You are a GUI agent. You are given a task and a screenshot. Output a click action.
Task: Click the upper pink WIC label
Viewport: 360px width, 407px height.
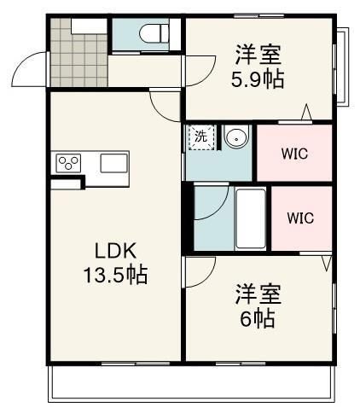point(294,154)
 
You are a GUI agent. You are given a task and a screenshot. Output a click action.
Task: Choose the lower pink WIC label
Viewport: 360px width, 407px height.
point(299,218)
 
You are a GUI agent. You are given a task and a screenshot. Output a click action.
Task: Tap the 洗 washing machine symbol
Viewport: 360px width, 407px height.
point(200,137)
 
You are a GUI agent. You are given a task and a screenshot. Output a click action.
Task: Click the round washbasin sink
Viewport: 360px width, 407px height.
point(235,138)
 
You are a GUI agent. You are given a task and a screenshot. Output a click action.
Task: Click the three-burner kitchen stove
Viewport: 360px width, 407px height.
point(69,162)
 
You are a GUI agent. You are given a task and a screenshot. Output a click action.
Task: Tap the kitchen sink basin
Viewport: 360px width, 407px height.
point(113,162)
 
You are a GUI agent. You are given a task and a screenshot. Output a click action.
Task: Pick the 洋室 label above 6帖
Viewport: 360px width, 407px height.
point(256,294)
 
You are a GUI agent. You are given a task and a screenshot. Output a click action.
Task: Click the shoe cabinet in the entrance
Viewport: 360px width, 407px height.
point(87,23)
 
